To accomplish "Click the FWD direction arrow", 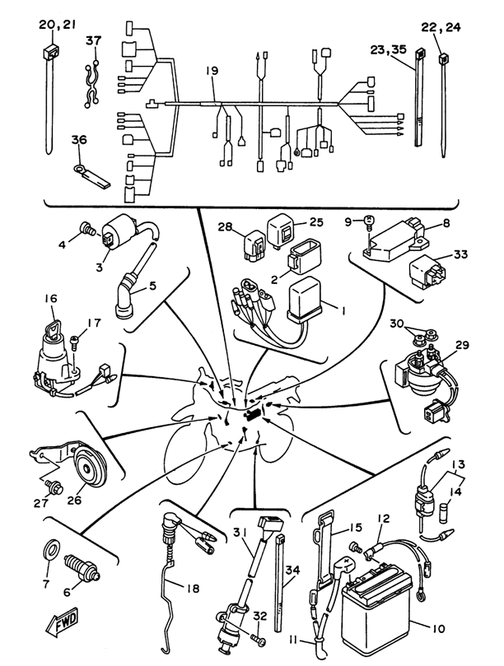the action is (62, 622).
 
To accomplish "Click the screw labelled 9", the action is (369, 223).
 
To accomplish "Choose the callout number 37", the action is (94, 41).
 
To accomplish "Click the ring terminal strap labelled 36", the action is (91, 177).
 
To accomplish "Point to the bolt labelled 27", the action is (56, 487).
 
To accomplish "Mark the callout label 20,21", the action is (58, 25).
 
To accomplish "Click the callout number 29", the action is (462, 345).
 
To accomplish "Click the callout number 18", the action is (193, 589).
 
